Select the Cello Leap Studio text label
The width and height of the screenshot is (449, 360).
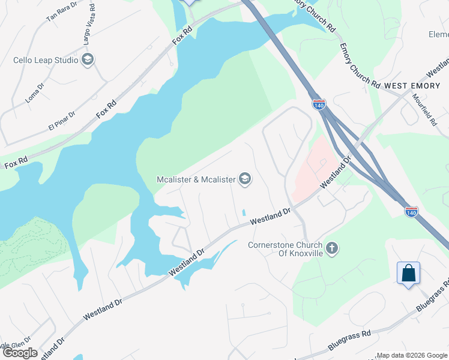[x=46, y=60]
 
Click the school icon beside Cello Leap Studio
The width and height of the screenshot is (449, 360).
[x=88, y=59]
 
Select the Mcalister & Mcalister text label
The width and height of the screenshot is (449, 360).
[x=196, y=179]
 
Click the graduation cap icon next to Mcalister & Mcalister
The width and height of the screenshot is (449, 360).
[x=245, y=179]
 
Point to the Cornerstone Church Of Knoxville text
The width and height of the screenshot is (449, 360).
[x=286, y=249]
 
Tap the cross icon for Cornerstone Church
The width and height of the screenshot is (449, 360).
[x=333, y=247]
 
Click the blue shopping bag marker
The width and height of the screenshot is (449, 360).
[x=408, y=274]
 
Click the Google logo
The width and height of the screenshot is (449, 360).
[x=20, y=353]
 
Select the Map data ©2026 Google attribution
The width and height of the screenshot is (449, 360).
[x=412, y=355]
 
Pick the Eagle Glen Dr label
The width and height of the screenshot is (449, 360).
[x=12, y=345]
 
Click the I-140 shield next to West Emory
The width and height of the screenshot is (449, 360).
[x=319, y=104]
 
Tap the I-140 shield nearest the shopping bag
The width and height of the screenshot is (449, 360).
[x=411, y=212]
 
